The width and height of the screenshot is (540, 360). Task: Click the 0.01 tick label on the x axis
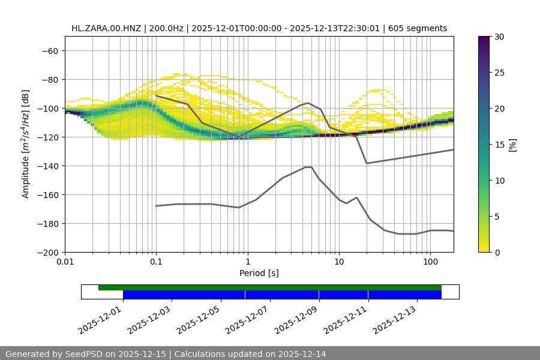pos(65,262)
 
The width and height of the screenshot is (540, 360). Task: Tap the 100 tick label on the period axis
pos(430,262)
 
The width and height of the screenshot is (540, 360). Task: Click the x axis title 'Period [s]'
pos(259,273)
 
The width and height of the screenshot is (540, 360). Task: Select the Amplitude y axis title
pos(26,144)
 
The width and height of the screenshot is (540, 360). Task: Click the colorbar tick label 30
pos(499,37)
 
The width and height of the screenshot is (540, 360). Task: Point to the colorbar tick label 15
pos(499,145)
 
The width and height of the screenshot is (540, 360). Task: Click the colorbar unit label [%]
pos(513,144)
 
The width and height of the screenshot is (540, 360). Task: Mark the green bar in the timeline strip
pos(270,287)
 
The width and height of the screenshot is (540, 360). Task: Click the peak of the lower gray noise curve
pos(308,167)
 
